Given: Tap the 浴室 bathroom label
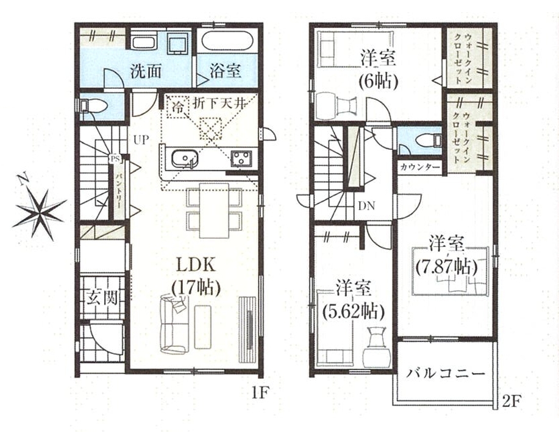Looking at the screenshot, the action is point(226,70).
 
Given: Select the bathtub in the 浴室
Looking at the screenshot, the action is point(227,41).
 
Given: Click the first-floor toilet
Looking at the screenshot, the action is point(93,106).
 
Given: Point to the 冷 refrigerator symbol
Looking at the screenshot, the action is point(177,106).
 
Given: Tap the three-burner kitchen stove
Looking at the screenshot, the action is point(241,158).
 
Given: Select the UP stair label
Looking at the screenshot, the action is point(141,140).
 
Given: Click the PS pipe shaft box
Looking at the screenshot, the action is point(115,158).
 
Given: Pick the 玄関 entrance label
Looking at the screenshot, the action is point(102,297).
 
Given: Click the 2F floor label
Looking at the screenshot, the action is point(512,402).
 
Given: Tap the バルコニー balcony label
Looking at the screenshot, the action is point(446,373).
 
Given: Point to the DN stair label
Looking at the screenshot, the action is point(366,206).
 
